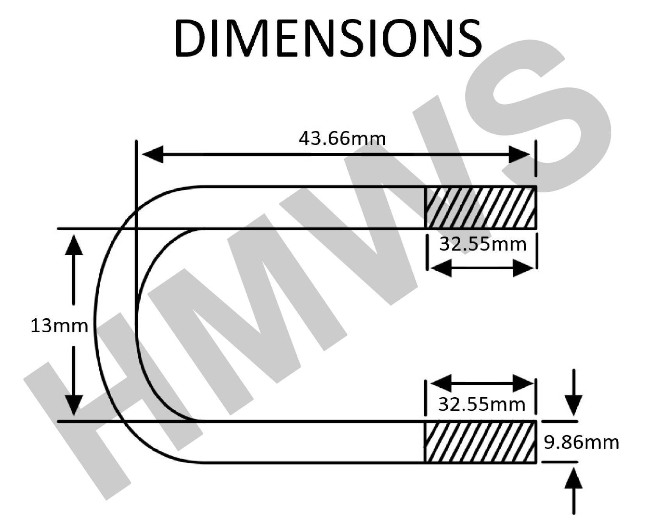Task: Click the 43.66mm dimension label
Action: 342,139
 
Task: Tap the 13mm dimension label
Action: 59,326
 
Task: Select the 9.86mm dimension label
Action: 582,442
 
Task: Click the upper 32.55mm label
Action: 483,244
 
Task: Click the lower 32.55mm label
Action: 482,404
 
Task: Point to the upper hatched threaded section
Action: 480,207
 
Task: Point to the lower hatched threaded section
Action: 480,442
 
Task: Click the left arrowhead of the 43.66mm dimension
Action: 153,155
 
